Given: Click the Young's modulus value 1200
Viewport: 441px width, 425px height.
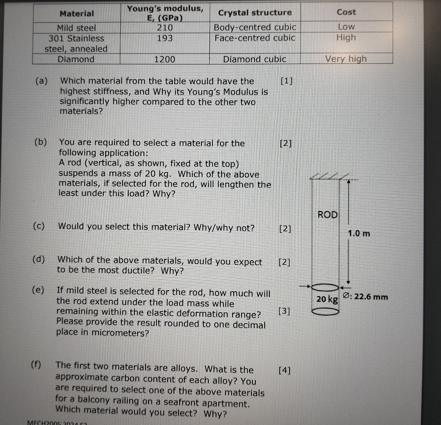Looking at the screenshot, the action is coord(164,59).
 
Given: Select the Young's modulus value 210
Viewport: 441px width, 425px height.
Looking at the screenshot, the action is coord(165,28).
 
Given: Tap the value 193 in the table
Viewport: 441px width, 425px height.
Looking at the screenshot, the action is coord(165,38).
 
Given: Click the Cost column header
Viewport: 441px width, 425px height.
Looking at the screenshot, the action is coord(346,12).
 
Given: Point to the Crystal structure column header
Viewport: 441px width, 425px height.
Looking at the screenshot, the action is coord(255,13).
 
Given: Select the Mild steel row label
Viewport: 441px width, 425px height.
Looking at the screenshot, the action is coord(76,28).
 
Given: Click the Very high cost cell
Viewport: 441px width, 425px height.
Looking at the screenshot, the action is coord(346,59).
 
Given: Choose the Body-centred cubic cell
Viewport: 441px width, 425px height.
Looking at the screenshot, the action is coord(255,27).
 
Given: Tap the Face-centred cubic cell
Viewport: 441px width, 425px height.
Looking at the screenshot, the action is coord(255,38).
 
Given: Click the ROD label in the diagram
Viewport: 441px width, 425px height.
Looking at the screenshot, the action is coord(327,214).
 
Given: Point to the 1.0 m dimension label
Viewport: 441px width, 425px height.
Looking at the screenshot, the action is coord(359,233).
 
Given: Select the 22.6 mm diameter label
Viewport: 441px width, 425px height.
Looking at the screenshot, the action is coord(366,296).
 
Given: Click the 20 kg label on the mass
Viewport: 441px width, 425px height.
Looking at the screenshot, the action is coord(327,299).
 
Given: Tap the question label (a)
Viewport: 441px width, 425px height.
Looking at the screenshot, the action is coord(42,81).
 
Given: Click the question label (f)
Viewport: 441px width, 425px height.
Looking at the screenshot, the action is coord(36,365).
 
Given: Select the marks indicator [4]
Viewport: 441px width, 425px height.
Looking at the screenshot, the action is coord(284,371).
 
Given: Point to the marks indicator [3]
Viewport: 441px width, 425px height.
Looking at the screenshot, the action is coord(284,311).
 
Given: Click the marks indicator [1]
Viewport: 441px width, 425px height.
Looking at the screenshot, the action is coord(287,81).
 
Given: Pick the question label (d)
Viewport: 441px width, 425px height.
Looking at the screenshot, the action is coord(39,259).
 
